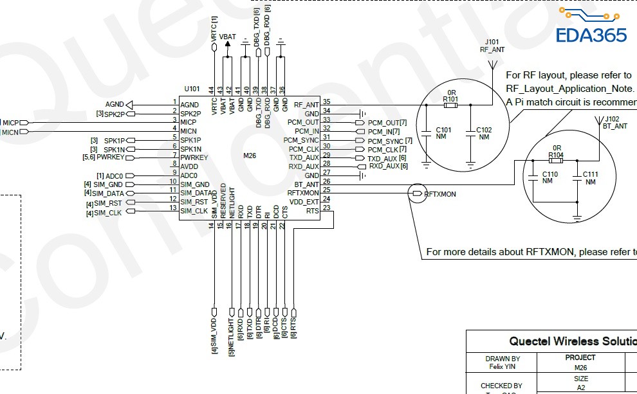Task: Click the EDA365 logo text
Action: [x=591, y=34]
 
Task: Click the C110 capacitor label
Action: [x=549, y=174]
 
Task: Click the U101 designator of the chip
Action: [x=192, y=89]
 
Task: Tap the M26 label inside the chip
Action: [x=250, y=156]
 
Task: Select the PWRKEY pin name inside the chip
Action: [x=194, y=157]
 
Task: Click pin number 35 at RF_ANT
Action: [x=326, y=102]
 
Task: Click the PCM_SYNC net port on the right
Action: [x=385, y=141]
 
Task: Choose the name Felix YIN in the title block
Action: [x=503, y=367]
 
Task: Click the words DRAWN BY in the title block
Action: [x=503, y=359]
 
